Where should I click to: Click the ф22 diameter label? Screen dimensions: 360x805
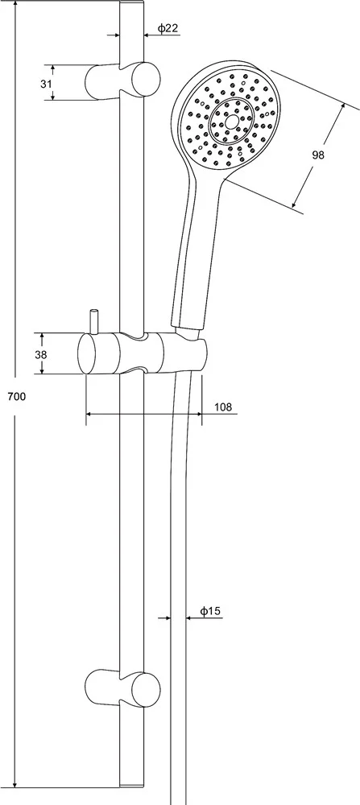[168, 28]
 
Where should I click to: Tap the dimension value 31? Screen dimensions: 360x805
[46, 83]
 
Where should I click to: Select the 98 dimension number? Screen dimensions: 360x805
[318, 155]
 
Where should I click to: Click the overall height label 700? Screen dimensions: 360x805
[16, 396]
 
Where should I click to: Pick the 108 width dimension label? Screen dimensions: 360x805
[223, 407]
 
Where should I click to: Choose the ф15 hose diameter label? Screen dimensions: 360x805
[210, 611]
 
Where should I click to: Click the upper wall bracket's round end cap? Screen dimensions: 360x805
[146, 79]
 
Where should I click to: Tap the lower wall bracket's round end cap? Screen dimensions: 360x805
[146, 688]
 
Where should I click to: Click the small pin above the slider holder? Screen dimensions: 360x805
[93, 322]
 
